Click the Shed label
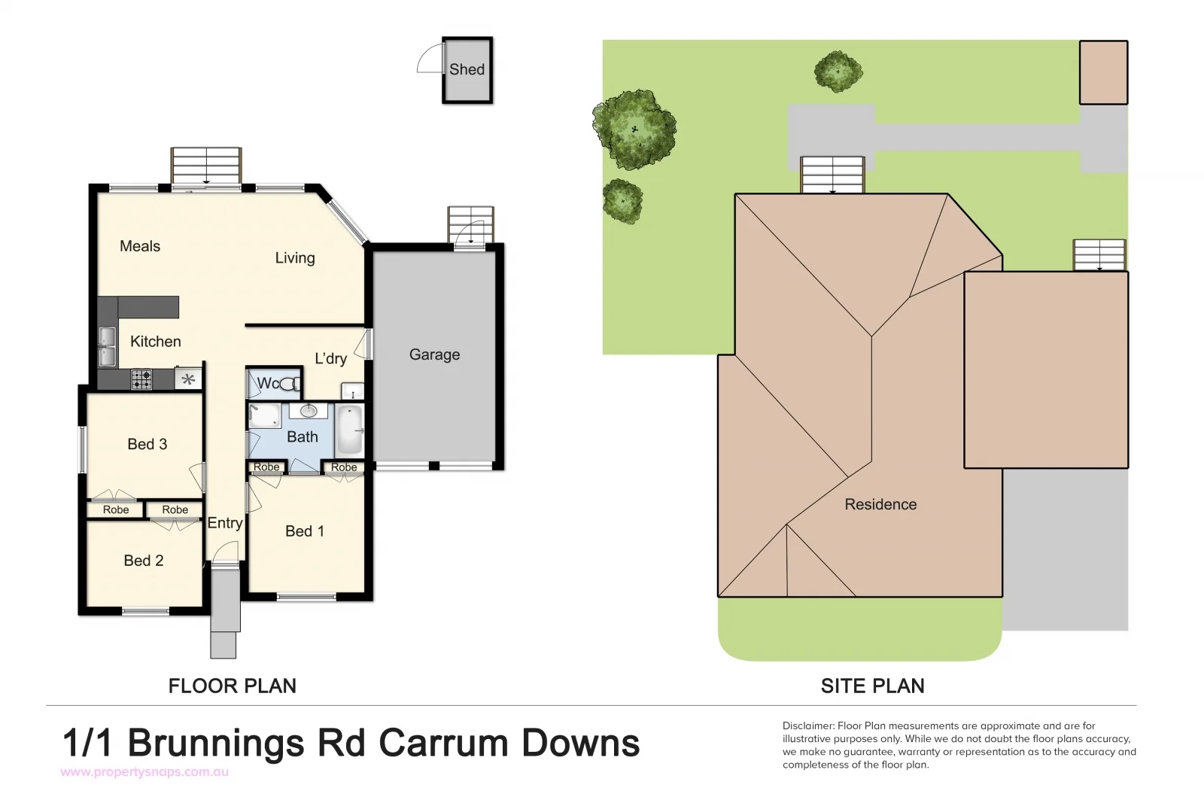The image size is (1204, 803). click(x=467, y=69)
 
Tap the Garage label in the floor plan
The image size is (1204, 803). click(x=434, y=354)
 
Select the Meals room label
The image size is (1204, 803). click(x=140, y=246)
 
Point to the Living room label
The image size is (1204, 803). click(x=294, y=258)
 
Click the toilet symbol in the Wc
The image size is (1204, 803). click(x=289, y=385)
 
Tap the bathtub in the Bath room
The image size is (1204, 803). click(x=349, y=430)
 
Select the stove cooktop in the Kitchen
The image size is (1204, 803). click(x=141, y=379)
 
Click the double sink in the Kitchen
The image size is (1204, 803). click(x=107, y=346)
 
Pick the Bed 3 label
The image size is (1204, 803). click(x=147, y=444)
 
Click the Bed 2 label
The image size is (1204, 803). click(x=143, y=561)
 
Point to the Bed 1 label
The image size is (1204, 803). click(x=305, y=531)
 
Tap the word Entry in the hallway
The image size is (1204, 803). click(x=224, y=523)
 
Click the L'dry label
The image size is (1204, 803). click(x=330, y=358)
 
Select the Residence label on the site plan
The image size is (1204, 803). click(x=880, y=504)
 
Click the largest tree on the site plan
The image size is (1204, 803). click(x=634, y=129)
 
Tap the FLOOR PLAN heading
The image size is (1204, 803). click(x=232, y=686)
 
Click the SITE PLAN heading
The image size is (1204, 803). click(x=872, y=686)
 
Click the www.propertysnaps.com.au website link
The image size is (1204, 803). click(x=144, y=772)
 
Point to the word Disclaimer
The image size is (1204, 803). click(x=808, y=726)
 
